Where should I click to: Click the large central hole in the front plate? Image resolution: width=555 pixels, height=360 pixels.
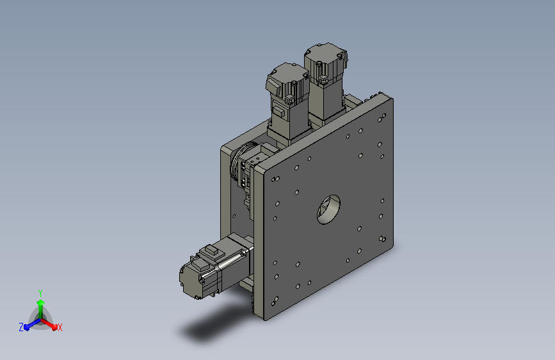pyautogui.click(x=328, y=209)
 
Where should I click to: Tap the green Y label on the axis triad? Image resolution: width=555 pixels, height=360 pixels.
pyautogui.click(x=40, y=293)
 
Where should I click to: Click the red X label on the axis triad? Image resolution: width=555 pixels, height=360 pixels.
pyautogui.click(x=60, y=327)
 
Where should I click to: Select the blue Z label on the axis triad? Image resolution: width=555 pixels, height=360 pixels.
pyautogui.click(x=21, y=327)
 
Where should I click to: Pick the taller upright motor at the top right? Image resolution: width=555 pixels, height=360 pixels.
pyautogui.click(x=325, y=83)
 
